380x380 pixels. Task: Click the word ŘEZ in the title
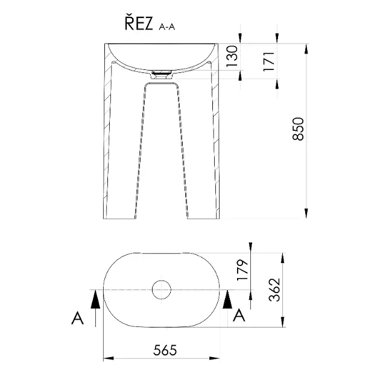click(139, 24)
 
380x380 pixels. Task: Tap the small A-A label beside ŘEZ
click(166, 27)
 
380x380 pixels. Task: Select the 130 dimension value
click(232, 56)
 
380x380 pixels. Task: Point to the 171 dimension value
click(269, 62)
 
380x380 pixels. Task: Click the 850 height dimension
click(298, 129)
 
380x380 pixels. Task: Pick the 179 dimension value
click(242, 270)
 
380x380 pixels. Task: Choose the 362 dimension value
click(274, 290)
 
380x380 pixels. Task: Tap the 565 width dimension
click(165, 350)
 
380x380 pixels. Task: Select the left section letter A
click(78, 318)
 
